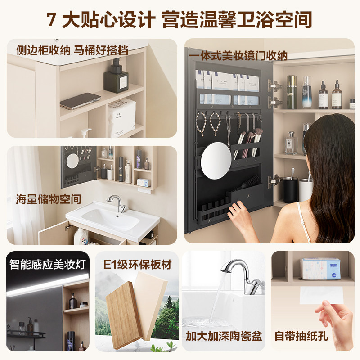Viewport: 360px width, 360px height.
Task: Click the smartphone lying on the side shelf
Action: pos(80,101)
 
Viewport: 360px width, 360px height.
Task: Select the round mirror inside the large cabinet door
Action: pos(216,160)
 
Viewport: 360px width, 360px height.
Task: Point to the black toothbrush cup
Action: pos(290,189)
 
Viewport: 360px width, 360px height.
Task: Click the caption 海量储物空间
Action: pos(49,199)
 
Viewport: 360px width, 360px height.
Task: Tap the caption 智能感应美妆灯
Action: pos(48,264)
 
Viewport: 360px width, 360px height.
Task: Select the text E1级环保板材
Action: pos(137,265)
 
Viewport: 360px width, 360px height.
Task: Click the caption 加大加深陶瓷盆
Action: pos(224,336)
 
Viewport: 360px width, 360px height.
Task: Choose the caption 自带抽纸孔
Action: pos(301,336)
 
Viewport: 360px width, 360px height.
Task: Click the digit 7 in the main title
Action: pos(51,19)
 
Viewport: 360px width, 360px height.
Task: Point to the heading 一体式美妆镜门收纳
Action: pos(238,56)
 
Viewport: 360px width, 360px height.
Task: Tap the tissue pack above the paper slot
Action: pos(320,269)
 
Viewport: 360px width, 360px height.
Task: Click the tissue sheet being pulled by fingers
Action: pos(321,295)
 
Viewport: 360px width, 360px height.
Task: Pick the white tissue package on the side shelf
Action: pos(122,117)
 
